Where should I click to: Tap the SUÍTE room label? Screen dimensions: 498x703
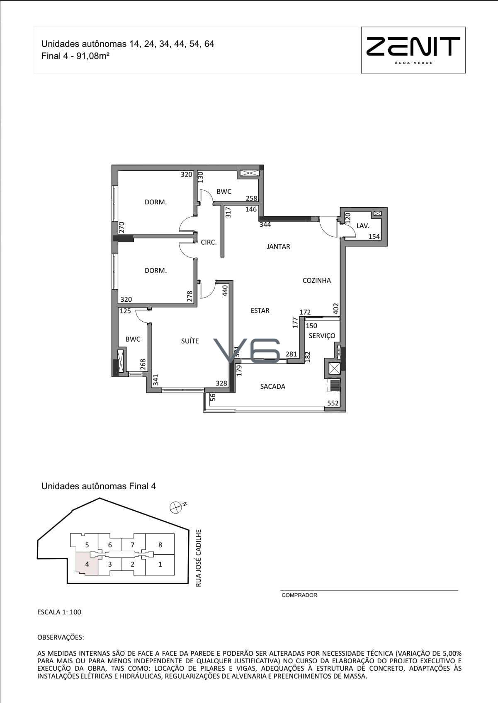click(x=190, y=341)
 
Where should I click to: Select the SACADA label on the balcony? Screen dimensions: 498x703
click(x=272, y=386)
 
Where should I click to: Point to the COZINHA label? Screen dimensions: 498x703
click(x=316, y=280)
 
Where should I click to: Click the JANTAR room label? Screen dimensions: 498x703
click(x=278, y=246)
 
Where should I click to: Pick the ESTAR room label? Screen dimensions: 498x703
click(x=260, y=310)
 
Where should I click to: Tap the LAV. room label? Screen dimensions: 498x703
click(x=363, y=225)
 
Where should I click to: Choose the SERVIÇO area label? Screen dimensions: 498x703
click(x=322, y=336)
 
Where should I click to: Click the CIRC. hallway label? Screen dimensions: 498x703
click(x=209, y=242)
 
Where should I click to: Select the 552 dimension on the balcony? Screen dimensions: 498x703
click(x=333, y=403)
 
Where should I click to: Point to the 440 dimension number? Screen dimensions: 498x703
click(x=225, y=291)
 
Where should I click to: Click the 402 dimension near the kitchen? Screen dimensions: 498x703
click(x=336, y=308)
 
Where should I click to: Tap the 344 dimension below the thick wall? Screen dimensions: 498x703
click(x=265, y=224)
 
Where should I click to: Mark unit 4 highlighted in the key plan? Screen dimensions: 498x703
click(x=87, y=564)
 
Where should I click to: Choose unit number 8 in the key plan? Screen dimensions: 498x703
click(x=160, y=545)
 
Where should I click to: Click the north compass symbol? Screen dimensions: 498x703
click(x=175, y=507)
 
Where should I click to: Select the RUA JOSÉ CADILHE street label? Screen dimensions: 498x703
click(x=198, y=558)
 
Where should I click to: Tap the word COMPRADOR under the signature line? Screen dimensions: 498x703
click(x=299, y=595)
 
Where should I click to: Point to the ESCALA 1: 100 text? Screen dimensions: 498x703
click(x=59, y=612)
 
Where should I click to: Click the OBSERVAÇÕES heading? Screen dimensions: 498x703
click(x=61, y=638)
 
